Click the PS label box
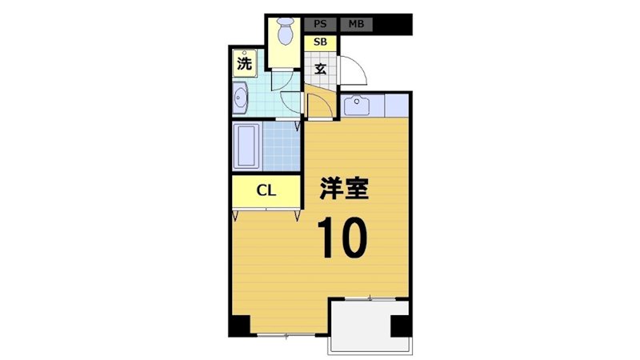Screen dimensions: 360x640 pos(320,24)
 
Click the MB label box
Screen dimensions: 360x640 pos(356,24)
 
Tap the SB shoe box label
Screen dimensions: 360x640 pos(320,42)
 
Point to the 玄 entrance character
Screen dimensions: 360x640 pos(320,69)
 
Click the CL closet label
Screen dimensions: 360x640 pos(266,190)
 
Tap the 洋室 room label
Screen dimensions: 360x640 pos(344,188)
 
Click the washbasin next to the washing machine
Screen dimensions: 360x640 pos(242,99)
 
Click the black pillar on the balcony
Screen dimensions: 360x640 pos(399,326)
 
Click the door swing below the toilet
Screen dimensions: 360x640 pos(286,84)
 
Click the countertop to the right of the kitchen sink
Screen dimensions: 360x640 pos(396,105)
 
